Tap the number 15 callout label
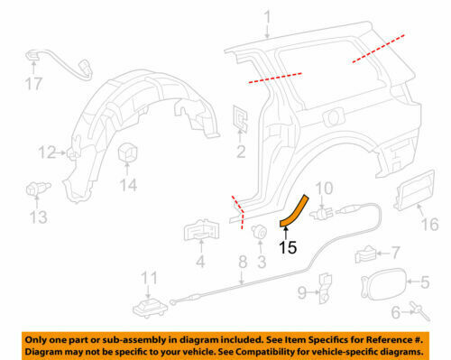click(x=288, y=247)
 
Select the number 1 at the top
click(x=267, y=18)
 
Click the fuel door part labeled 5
click(x=383, y=284)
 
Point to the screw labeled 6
click(x=420, y=312)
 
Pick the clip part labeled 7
click(x=366, y=254)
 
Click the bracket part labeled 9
click(x=326, y=288)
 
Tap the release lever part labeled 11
click(x=150, y=309)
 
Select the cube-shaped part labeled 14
click(x=128, y=152)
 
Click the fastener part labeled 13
click(x=37, y=189)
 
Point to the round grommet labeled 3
click(x=259, y=231)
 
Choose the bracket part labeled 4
click(x=201, y=231)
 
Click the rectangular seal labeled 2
click(x=240, y=118)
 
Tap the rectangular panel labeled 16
click(x=415, y=190)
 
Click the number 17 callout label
click(x=33, y=84)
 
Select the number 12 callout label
click(x=47, y=152)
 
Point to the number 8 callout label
click(x=243, y=262)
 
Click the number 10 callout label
click(x=324, y=189)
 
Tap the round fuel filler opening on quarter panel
click(x=333, y=118)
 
